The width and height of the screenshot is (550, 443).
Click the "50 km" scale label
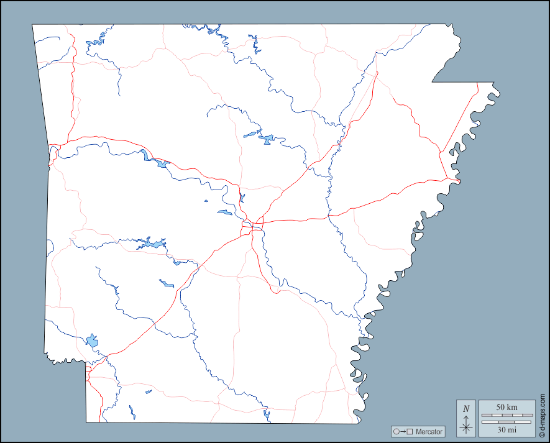coord(506,407)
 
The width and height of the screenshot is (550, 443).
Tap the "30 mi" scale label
coord(506,429)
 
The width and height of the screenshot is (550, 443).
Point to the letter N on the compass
coord(466,409)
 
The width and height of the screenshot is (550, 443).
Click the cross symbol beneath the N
coord(466,427)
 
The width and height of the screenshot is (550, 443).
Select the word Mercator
coord(429,432)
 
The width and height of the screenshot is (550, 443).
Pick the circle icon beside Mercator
coord(396,432)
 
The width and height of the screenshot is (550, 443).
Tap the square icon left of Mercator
coord(410,432)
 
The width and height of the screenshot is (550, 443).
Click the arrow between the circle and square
coord(403,432)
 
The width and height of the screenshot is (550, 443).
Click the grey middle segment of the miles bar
coord(506,422)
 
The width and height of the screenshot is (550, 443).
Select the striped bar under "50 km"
coord(506,414)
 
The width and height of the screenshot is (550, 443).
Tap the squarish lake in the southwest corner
coord(93,340)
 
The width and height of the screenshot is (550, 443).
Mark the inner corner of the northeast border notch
coord(433,82)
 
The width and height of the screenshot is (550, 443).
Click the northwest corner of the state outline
coord(33,25)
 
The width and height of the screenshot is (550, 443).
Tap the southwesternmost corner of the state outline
coord(86,422)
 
